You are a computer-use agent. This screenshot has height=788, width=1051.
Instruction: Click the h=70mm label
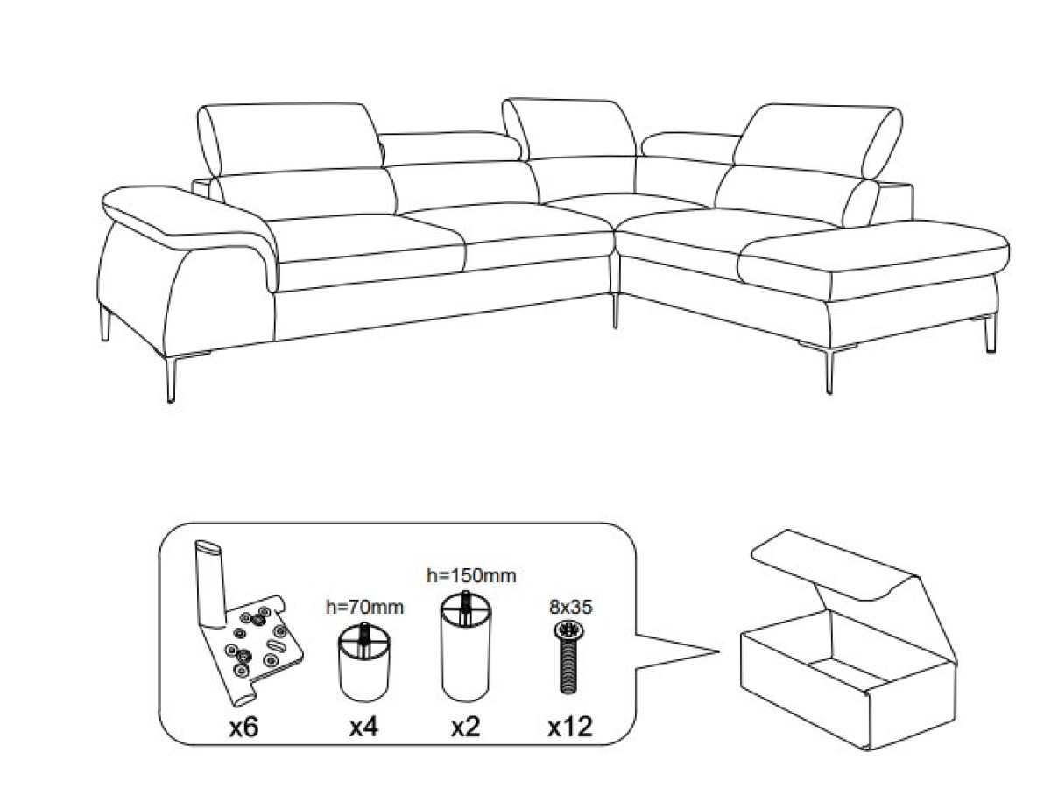tap(365, 607)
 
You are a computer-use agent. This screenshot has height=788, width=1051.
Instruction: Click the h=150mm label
tap(471, 575)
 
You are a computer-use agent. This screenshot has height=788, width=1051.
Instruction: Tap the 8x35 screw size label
tap(571, 607)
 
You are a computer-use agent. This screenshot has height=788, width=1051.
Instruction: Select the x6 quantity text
tap(243, 727)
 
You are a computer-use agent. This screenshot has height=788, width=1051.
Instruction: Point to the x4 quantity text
tap(363, 727)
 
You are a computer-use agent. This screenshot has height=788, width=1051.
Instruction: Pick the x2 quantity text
tap(465, 727)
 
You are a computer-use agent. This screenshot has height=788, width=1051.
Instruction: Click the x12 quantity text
tap(570, 727)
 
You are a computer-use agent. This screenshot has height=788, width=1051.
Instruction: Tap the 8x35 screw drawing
tap(568, 656)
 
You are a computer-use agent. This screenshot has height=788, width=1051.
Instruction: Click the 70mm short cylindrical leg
tap(364, 662)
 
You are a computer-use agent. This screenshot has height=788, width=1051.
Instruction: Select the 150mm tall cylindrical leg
tap(466, 646)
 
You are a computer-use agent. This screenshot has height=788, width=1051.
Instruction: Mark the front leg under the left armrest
tap(171, 379)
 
